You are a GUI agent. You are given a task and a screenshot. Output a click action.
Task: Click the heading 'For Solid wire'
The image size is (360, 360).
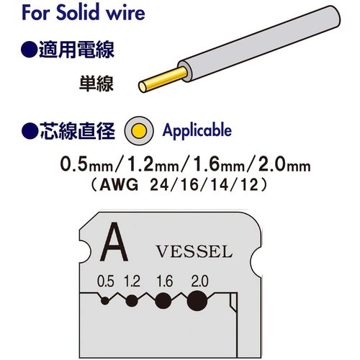(x=84, y=12)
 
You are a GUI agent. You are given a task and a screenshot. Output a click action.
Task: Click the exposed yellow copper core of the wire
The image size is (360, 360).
(x=163, y=79)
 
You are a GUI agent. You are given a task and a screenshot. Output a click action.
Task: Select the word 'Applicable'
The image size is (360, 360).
(x=197, y=131)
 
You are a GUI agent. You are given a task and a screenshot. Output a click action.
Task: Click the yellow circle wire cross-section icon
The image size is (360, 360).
(x=139, y=131)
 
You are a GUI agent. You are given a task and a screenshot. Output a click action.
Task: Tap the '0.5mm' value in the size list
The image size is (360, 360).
(x=86, y=165)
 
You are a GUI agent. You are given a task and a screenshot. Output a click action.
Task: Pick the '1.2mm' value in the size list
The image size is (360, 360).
(x=153, y=165)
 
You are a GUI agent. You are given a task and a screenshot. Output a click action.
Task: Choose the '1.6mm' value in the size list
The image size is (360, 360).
(x=218, y=165)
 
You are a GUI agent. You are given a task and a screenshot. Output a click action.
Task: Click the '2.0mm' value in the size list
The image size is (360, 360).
(x=284, y=165)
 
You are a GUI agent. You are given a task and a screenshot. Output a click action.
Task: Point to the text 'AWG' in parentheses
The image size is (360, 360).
(x=120, y=185)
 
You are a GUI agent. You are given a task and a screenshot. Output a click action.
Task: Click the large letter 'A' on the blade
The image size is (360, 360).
(x=114, y=242)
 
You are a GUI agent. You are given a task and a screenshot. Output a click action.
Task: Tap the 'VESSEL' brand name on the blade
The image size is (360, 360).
(x=194, y=251)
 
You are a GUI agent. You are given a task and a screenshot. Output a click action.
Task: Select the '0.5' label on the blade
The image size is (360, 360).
(x=106, y=281)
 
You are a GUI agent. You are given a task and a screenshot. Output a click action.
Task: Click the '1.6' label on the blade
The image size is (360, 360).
(x=164, y=281)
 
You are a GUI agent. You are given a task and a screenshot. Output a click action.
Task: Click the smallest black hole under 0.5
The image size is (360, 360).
(x=105, y=300)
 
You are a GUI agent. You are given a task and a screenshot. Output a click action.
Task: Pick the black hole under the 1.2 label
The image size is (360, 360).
(x=132, y=300)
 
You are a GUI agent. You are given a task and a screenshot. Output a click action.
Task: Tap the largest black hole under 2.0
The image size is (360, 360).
(x=197, y=301)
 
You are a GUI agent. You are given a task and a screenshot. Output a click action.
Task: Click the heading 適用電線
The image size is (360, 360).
(x=68, y=50)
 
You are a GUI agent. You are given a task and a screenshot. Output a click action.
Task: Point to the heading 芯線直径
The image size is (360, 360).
(x=68, y=131)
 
